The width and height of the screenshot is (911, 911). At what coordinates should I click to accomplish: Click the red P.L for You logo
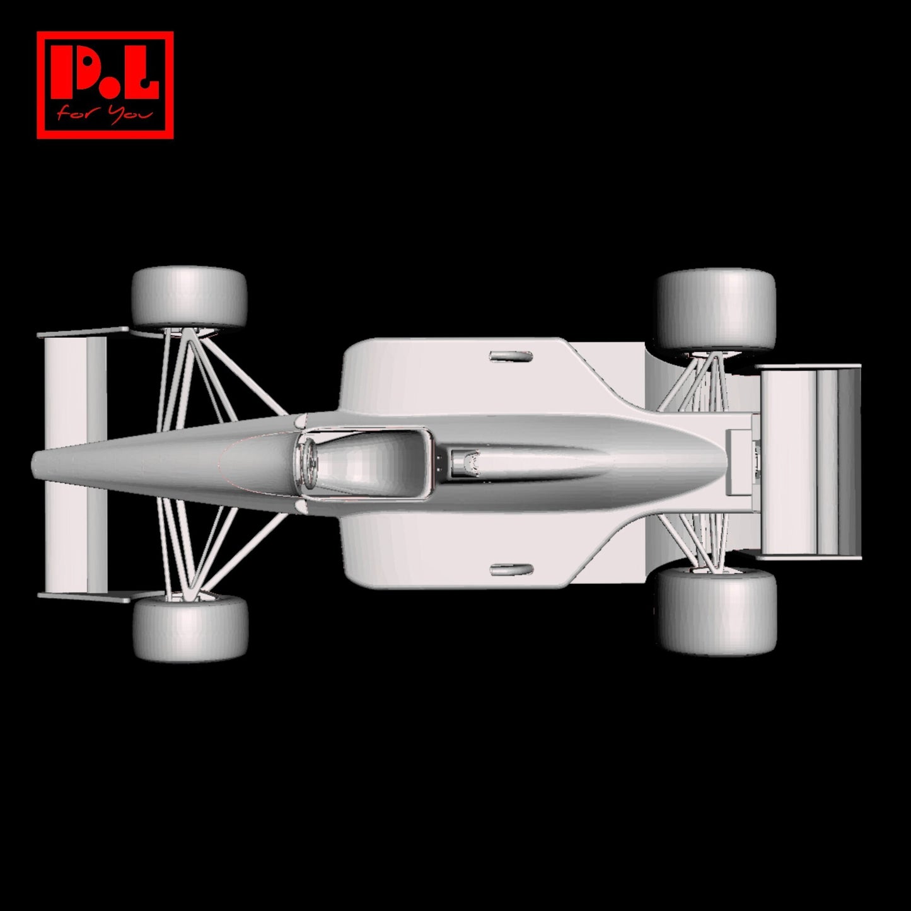[105, 85]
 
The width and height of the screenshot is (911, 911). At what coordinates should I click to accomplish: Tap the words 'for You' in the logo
[105, 115]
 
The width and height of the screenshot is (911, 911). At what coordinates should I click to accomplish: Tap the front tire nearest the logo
[189, 296]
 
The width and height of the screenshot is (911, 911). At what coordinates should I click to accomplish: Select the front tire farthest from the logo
[190, 627]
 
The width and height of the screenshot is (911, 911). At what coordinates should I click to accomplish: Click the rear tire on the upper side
[716, 310]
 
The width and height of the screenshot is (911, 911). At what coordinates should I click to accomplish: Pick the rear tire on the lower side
[717, 610]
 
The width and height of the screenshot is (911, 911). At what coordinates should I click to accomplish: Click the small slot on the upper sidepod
[511, 357]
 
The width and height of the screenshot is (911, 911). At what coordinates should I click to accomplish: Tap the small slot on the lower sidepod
[511, 570]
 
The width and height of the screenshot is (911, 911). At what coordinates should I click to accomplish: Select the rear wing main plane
[810, 461]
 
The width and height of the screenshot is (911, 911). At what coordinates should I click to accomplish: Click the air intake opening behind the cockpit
[465, 462]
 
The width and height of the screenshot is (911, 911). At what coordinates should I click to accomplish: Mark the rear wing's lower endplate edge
[810, 557]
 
